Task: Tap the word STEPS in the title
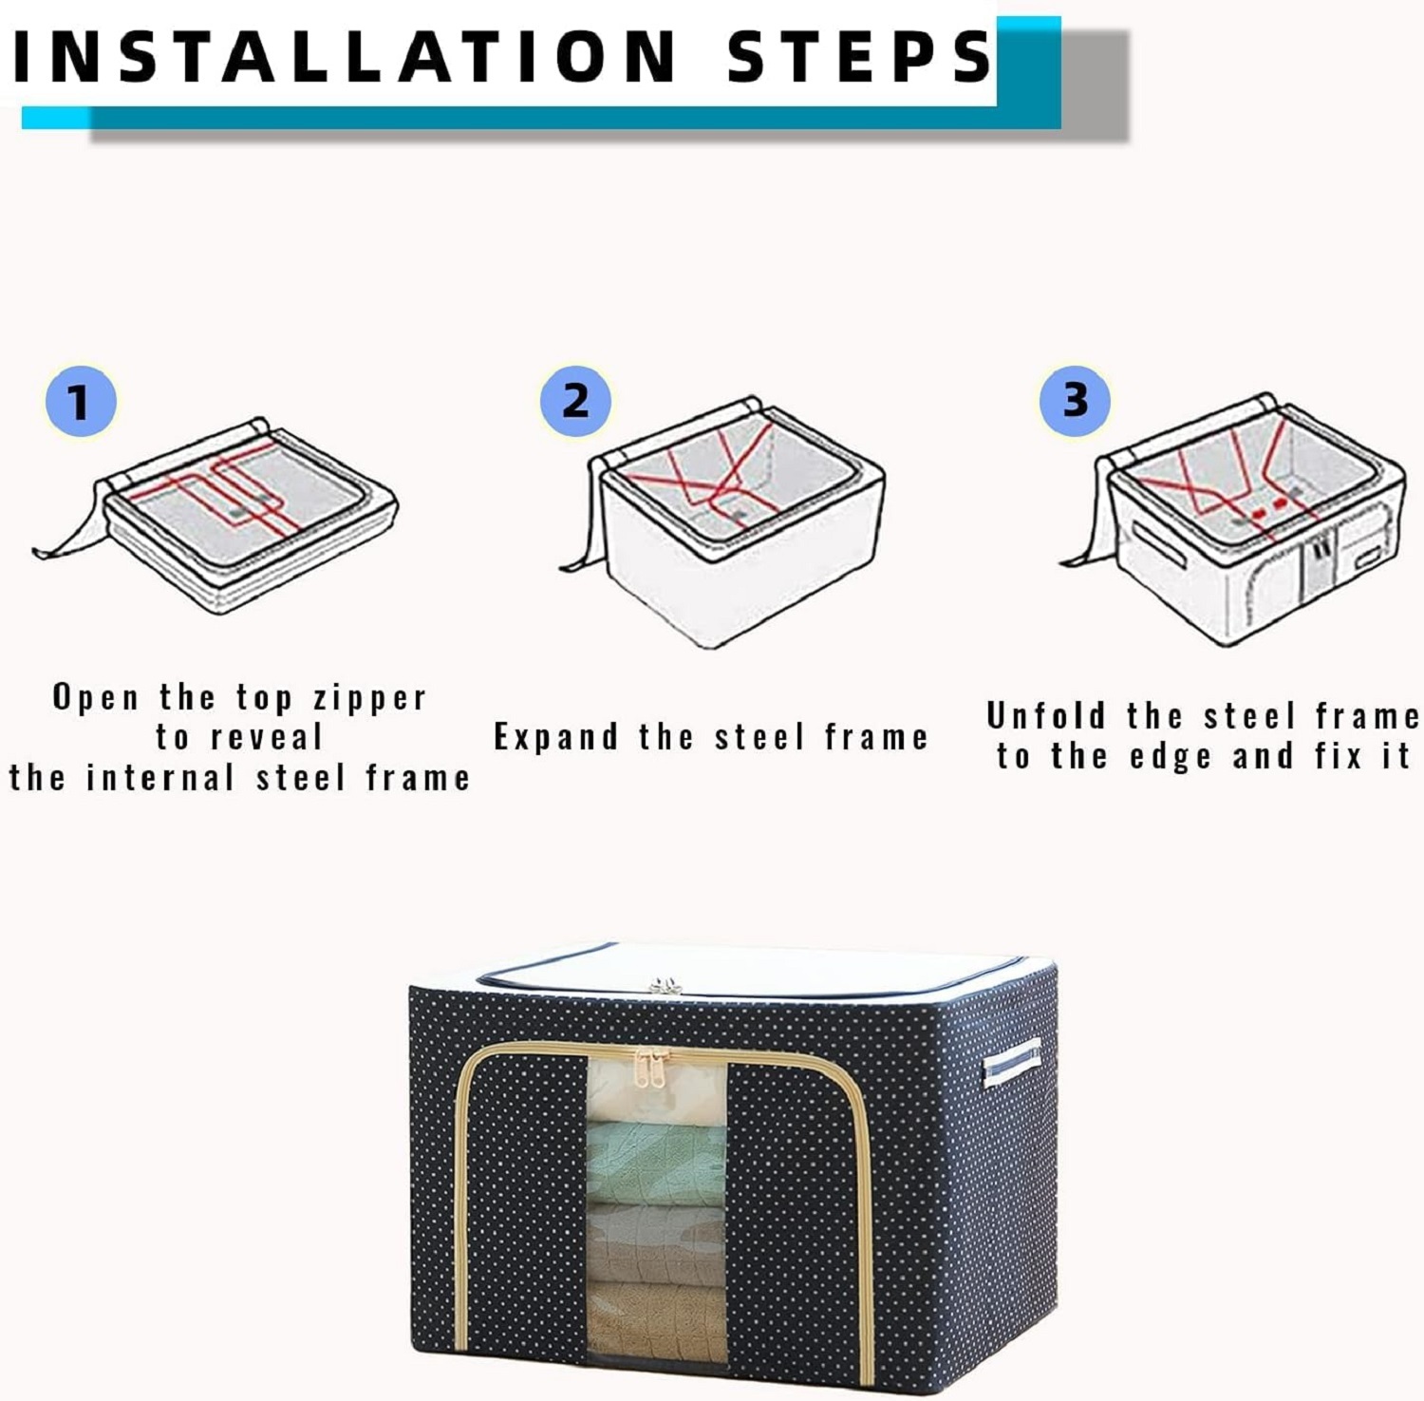click(859, 56)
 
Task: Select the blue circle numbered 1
click(81, 401)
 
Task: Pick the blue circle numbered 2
click(575, 400)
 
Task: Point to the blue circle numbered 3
click(1074, 399)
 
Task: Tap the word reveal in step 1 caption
click(267, 737)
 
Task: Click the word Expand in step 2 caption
click(555, 738)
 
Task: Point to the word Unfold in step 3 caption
click(1046, 715)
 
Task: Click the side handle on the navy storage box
click(1011, 1062)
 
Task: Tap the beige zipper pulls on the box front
click(651, 1067)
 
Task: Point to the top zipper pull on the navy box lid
click(665, 985)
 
